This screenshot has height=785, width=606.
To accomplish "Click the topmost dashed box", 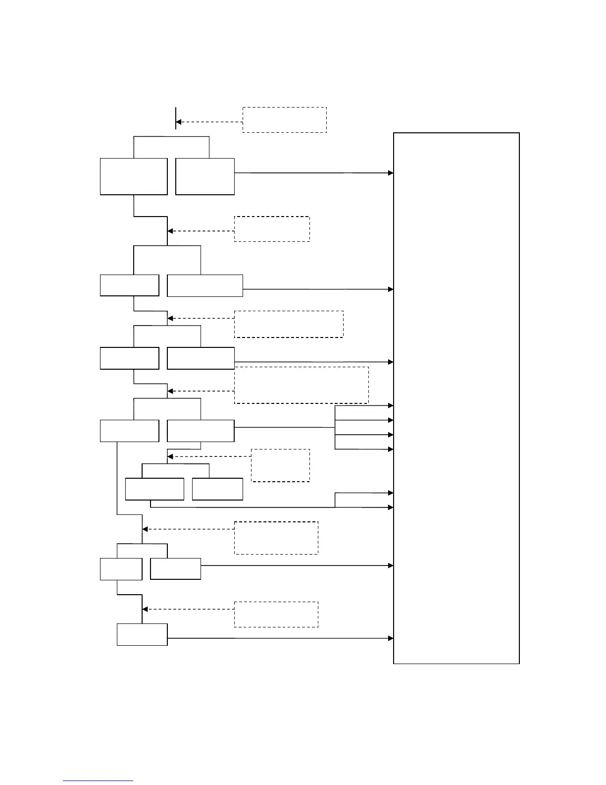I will pyautogui.click(x=284, y=119).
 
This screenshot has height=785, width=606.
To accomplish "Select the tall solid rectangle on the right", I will pyautogui.click(x=456, y=397).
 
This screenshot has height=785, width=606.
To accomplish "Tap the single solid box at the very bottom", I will pyautogui.click(x=142, y=634).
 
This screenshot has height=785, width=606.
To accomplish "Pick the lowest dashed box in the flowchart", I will pyautogui.click(x=276, y=614).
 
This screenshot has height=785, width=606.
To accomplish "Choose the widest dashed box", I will pyautogui.click(x=301, y=385).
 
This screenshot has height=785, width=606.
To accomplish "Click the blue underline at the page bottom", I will pyautogui.click(x=98, y=781).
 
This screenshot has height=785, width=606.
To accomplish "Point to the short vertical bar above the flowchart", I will pyautogui.click(x=176, y=118).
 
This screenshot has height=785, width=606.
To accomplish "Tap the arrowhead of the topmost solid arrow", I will pyautogui.click(x=391, y=173).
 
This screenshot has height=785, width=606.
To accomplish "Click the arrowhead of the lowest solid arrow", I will pyautogui.click(x=391, y=638).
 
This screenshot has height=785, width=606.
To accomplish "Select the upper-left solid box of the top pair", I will pyautogui.click(x=134, y=176).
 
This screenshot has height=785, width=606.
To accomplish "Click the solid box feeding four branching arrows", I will pyautogui.click(x=201, y=431).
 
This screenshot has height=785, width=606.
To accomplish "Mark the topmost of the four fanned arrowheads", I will pyautogui.click(x=391, y=405).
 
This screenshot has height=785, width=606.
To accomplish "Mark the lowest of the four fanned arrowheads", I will pyautogui.click(x=391, y=449).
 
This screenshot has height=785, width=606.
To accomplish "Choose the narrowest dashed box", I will pyautogui.click(x=280, y=465).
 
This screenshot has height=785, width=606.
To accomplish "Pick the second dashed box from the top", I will pyautogui.click(x=272, y=228).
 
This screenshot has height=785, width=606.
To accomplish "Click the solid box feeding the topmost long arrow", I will pyautogui.click(x=205, y=176).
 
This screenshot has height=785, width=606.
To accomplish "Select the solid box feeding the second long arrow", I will pyautogui.click(x=205, y=285).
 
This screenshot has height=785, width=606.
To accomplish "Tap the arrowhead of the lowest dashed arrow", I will pyautogui.click(x=145, y=609).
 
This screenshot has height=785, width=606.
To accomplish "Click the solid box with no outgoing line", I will pyautogui.click(x=217, y=489).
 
